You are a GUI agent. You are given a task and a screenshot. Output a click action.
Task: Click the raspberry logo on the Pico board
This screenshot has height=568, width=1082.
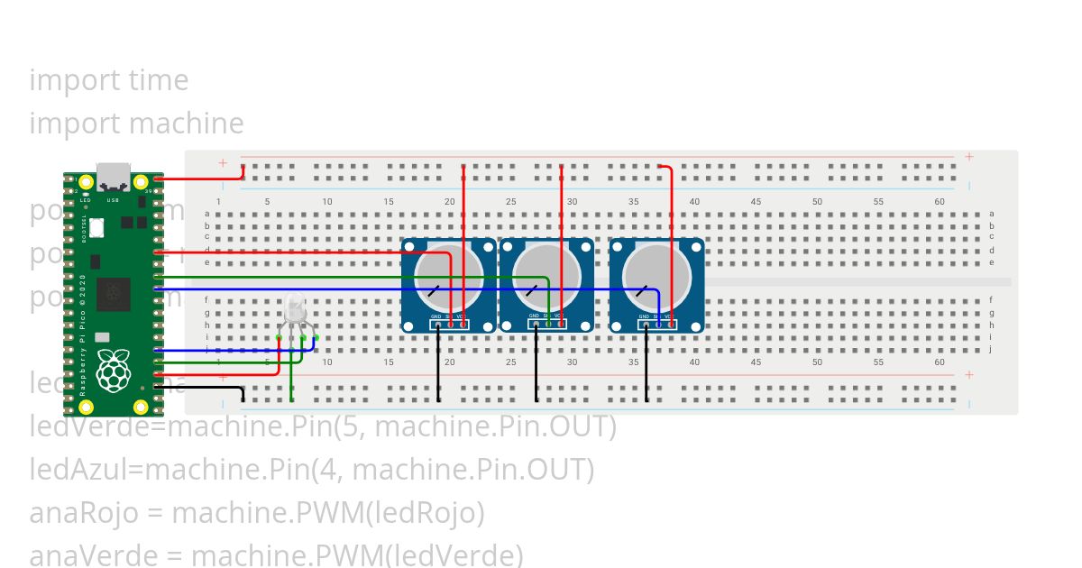(x=113, y=371)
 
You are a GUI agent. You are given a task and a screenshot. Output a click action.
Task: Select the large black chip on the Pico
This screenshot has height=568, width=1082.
(x=114, y=294)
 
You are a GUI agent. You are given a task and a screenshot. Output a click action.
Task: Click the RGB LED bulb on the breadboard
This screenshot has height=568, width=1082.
(x=295, y=309)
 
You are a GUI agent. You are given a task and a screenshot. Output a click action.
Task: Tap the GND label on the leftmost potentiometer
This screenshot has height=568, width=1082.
(x=436, y=316)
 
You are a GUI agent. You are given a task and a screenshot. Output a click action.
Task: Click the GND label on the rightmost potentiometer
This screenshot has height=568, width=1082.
(x=644, y=316)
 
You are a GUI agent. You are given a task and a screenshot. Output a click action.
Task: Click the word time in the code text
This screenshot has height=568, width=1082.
(x=159, y=80)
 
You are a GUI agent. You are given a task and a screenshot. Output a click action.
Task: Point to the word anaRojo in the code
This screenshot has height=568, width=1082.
(x=84, y=513)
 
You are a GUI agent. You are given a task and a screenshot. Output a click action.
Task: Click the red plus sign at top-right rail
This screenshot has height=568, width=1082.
(x=969, y=157)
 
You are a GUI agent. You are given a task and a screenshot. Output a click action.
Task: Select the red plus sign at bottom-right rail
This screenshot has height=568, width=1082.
(x=969, y=374)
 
